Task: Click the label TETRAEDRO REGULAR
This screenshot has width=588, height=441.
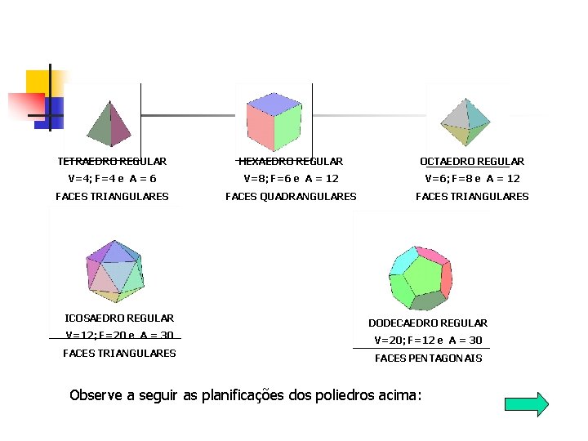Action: point(112,162)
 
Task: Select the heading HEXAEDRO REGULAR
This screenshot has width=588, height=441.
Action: point(291,162)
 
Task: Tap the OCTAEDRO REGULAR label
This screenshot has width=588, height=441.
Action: point(472,162)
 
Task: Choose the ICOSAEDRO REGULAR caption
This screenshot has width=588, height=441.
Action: point(119,318)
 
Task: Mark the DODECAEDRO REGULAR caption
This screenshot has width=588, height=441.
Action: point(428,323)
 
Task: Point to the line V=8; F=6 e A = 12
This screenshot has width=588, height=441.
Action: point(291,179)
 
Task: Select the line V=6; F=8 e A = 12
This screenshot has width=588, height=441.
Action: point(472,179)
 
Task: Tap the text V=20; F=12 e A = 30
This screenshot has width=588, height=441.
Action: point(428,341)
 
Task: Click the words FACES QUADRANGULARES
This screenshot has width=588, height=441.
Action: point(291,197)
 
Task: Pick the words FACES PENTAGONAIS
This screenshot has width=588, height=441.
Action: point(428,359)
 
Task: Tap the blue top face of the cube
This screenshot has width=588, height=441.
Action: point(275,104)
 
